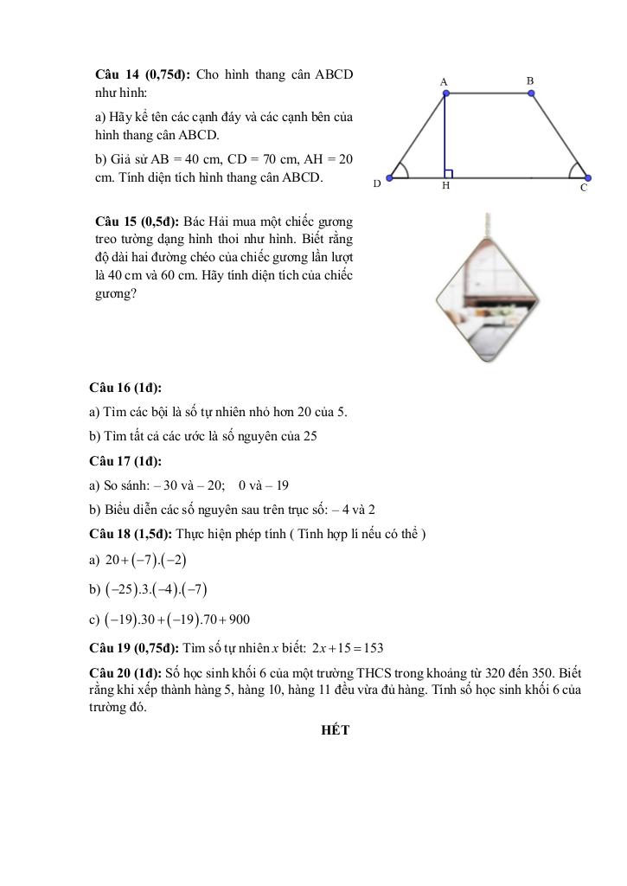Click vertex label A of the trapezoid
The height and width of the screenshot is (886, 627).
pos(444,82)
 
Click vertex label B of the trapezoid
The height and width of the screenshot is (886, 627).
pos(530,80)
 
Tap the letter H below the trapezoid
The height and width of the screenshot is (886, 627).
pos(445,185)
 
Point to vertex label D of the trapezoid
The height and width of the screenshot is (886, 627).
pos(376,183)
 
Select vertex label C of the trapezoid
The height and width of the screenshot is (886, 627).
pos(584,187)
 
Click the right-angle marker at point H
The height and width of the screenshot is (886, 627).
pos(449,174)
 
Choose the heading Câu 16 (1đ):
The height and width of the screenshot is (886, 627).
pos(125,388)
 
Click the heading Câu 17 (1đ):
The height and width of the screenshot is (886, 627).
pos(125,461)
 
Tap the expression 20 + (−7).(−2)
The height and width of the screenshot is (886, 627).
pos(145,560)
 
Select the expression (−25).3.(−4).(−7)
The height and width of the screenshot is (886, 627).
pos(156,590)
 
